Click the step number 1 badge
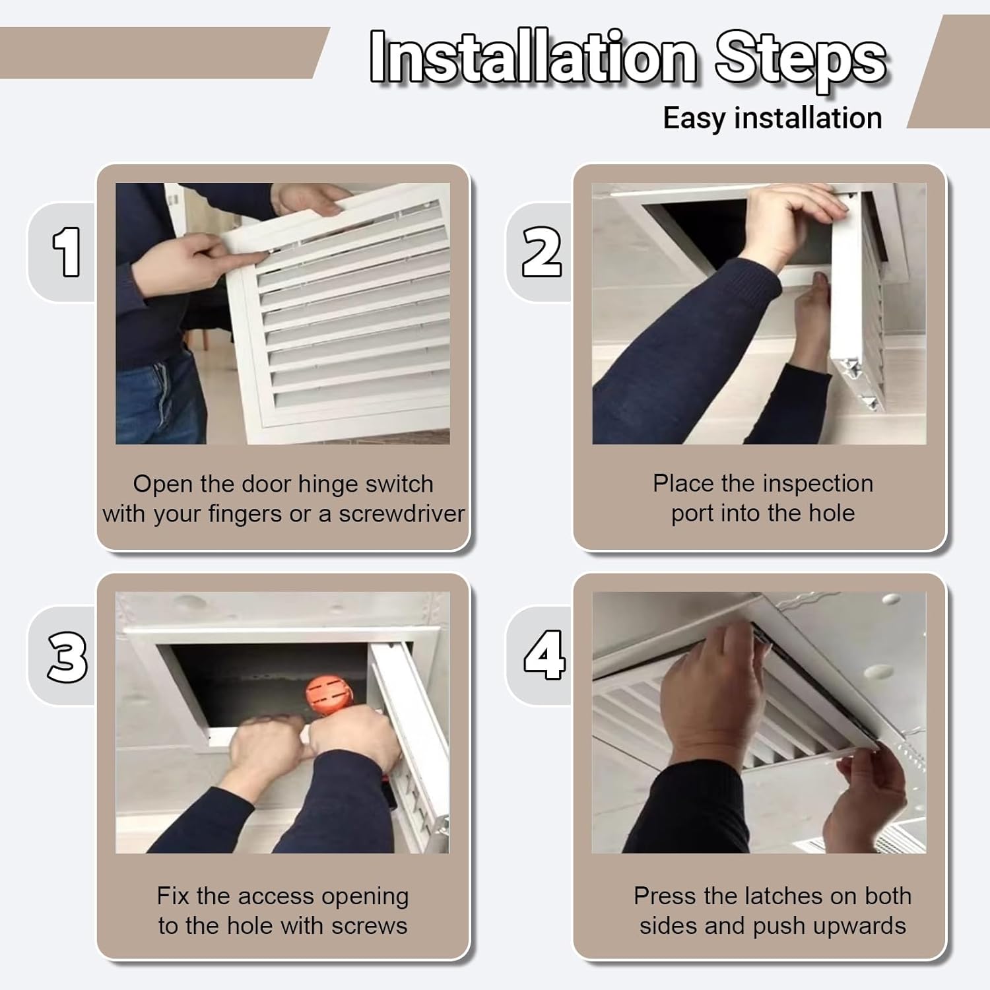66,252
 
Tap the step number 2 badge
541,252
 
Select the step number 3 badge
67,657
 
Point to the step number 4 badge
544,655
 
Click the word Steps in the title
800,58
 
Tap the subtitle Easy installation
772,119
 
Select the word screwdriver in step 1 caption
401,514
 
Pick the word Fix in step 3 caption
173,896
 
